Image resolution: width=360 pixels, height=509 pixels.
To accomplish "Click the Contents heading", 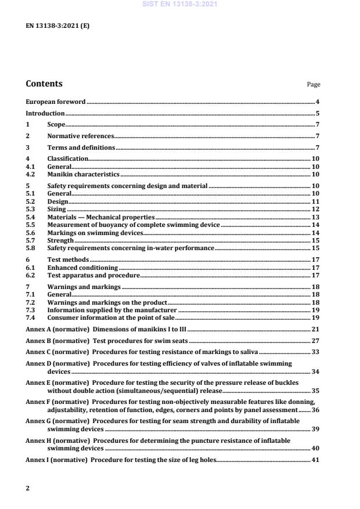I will (44, 84).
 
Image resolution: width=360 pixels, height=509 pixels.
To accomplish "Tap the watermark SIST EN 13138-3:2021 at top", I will (180, 5).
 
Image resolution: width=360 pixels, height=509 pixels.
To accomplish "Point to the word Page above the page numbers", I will (313, 85).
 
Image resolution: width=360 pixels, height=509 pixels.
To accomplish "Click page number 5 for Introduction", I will (318, 113).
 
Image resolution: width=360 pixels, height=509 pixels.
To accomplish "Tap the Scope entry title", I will (56, 124).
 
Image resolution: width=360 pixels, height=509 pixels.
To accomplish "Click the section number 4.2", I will (31, 174).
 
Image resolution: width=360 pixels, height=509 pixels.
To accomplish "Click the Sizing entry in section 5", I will (56, 208).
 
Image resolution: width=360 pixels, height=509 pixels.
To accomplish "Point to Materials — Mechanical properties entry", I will (100, 216).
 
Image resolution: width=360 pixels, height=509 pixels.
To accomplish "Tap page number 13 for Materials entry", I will (316, 216).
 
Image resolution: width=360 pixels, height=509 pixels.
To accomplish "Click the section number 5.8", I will (31, 247).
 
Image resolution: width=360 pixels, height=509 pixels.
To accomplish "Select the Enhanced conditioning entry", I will (82, 268).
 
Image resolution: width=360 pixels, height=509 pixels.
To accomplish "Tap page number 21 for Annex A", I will (316, 329).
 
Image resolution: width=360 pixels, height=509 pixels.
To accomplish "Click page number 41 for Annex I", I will (316, 460).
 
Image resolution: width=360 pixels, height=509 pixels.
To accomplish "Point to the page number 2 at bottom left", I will (28, 488).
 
